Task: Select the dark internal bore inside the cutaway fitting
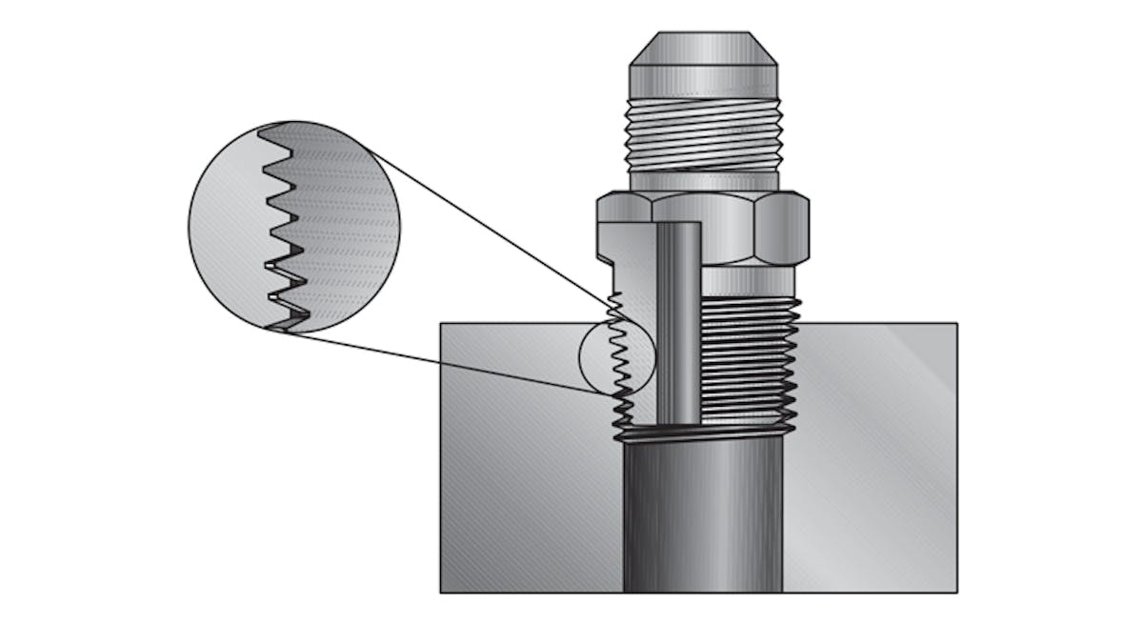(679, 324)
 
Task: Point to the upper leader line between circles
(486, 229)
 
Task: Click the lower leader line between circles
(448, 362)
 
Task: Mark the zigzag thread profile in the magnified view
(282, 229)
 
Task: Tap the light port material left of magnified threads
(229, 229)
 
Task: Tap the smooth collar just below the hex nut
(748, 280)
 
